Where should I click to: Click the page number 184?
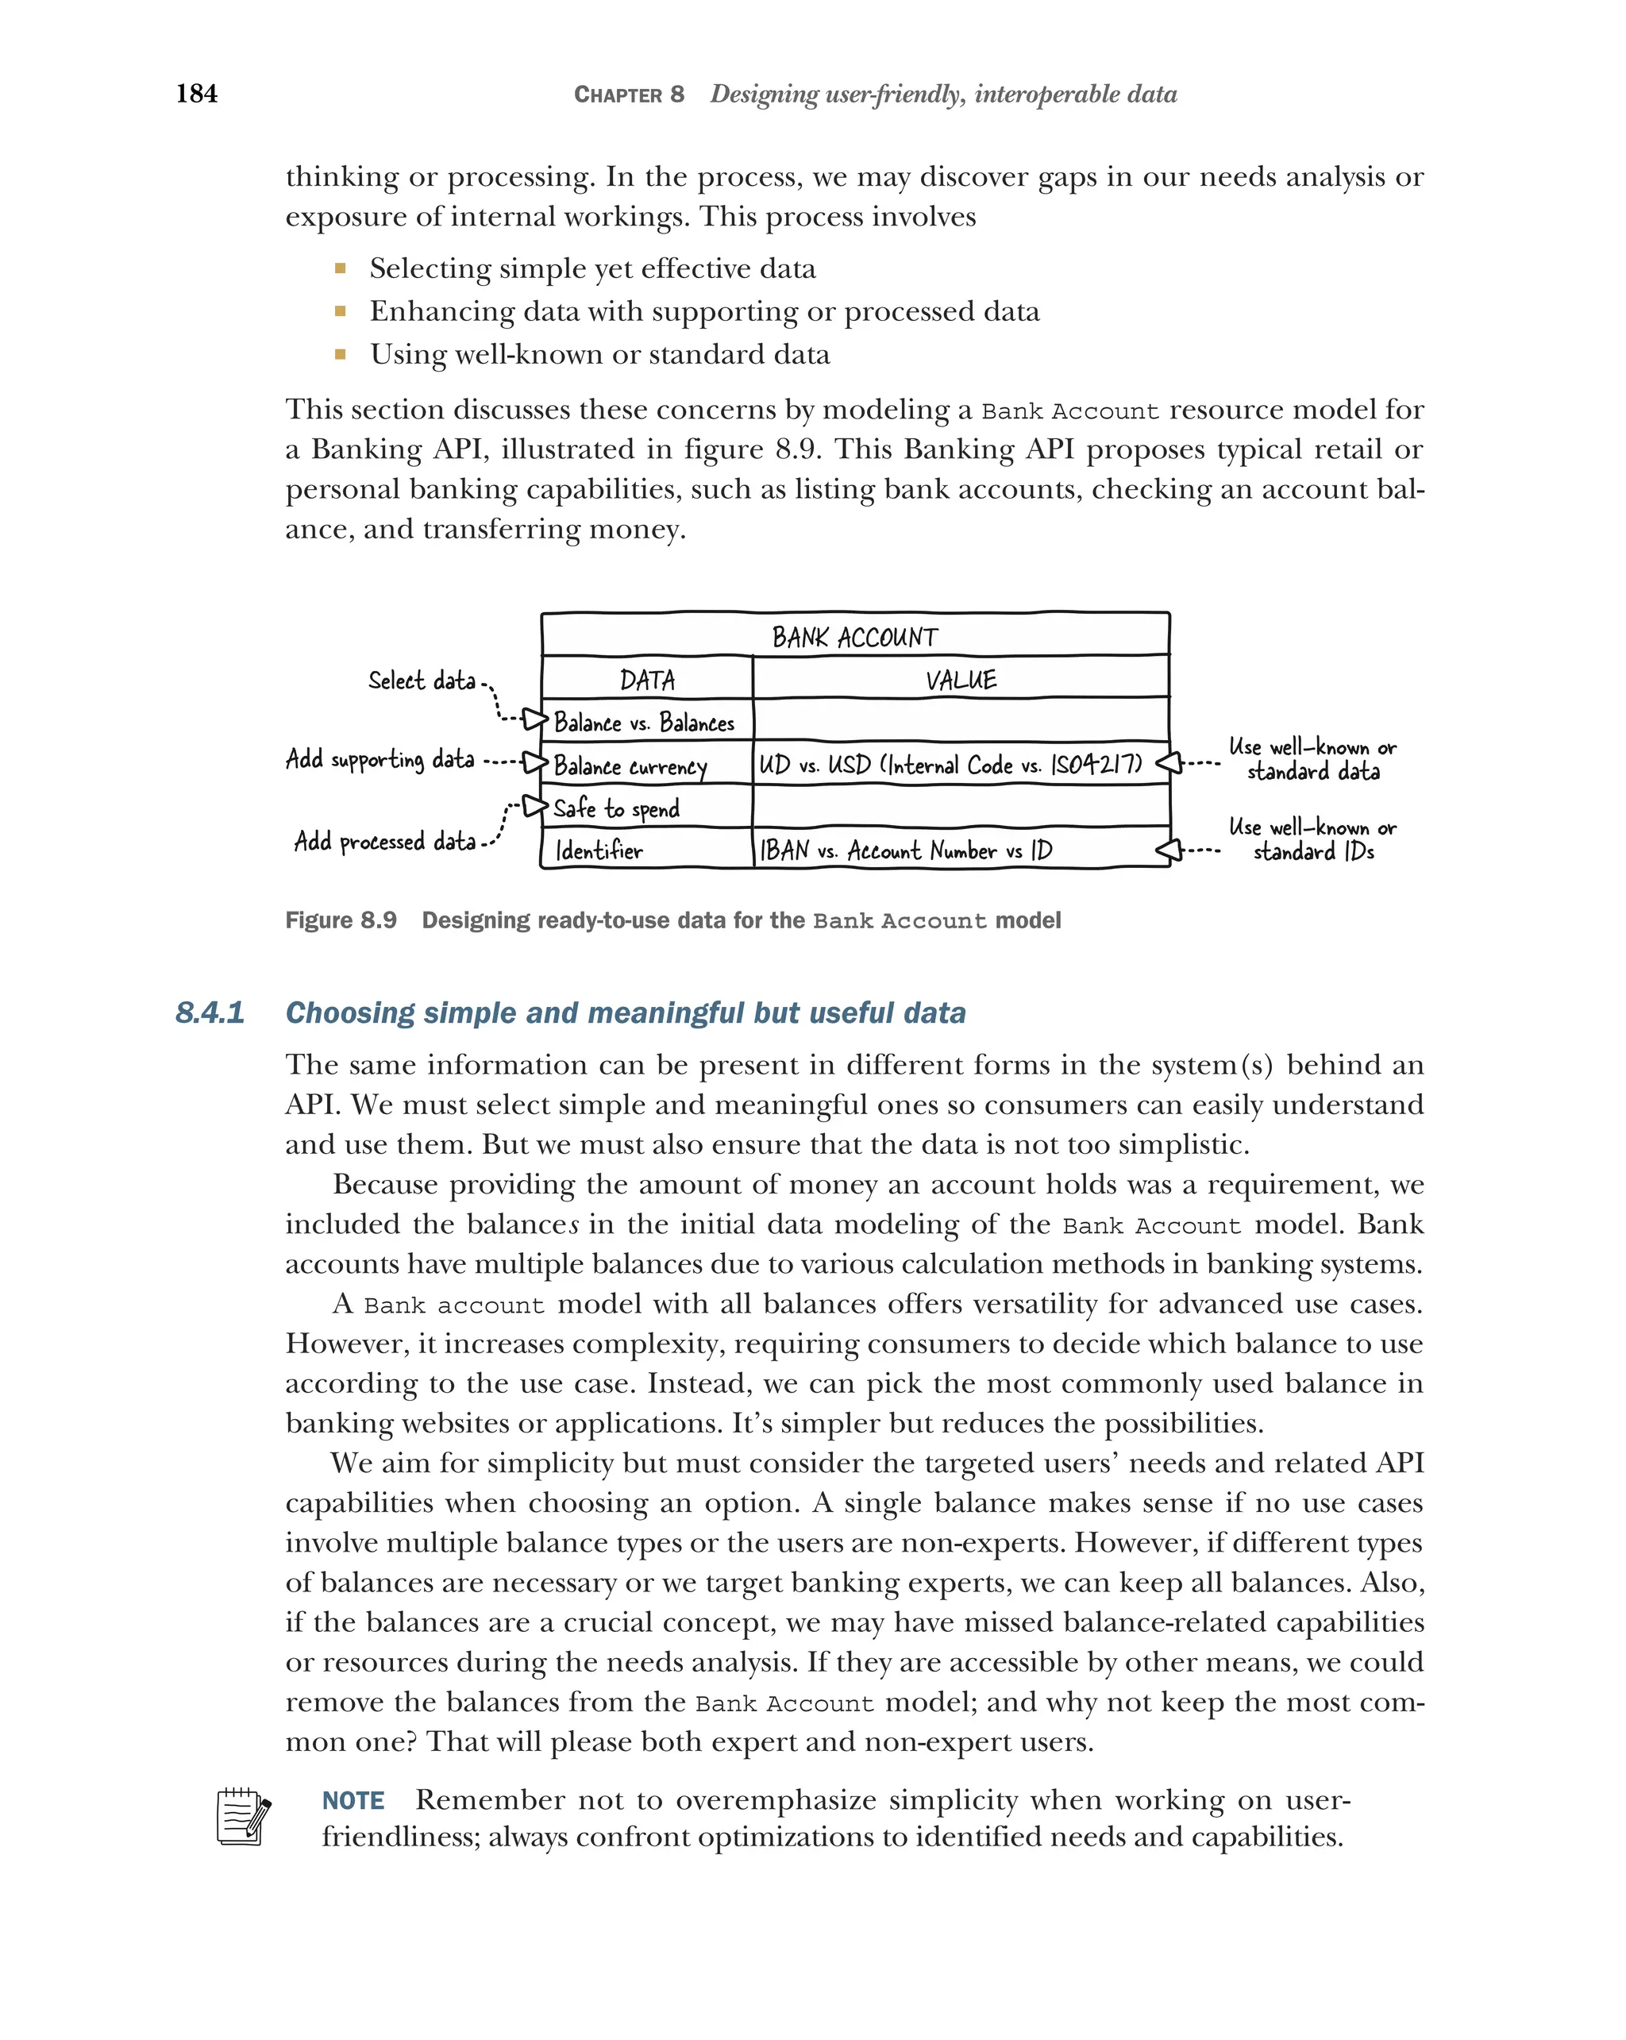[x=197, y=93]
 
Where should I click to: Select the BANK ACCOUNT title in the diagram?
[x=854, y=637]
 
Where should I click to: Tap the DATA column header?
[x=647, y=680]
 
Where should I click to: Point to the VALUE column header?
[x=960, y=680]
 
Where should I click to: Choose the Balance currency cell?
[x=630, y=765]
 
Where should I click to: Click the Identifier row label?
[x=599, y=850]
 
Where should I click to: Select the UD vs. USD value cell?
[x=950, y=765]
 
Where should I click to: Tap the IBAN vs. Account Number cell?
[x=905, y=850]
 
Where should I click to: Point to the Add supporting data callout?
[x=380, y=759]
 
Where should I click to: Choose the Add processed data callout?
[x=384, y=841]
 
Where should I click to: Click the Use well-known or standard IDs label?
[x=1312, y=839]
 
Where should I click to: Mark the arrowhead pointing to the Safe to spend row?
[x=535, y=806]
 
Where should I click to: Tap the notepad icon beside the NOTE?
[x=243, y=1816]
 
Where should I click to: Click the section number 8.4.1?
[x=210, y=1012]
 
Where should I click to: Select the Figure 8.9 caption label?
[x=341, y=920]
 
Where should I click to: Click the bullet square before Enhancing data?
[x=340, y=311]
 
